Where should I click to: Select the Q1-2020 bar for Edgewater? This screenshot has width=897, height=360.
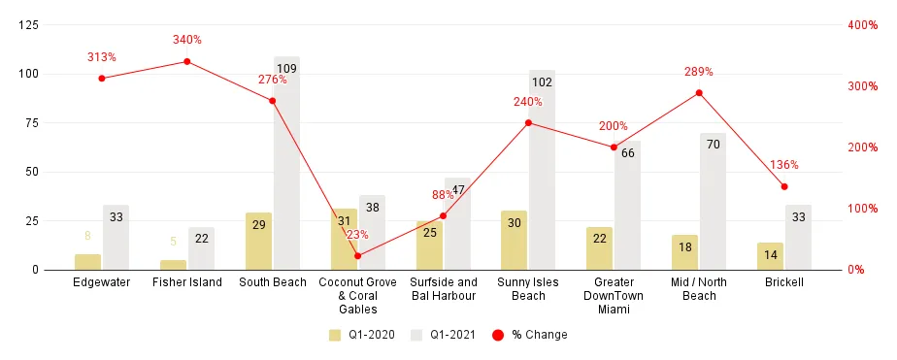tap(87, 262)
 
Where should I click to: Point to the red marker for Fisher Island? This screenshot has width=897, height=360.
tap(187, 61)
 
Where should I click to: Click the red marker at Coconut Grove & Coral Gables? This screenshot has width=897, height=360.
tap(357, 256)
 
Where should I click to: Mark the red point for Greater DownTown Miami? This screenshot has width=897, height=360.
tap(614, 147)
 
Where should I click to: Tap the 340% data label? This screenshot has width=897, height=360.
tap(187, 40)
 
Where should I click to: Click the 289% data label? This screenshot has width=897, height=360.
tap(699, 72)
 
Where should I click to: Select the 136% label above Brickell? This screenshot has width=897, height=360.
tap(784, 165)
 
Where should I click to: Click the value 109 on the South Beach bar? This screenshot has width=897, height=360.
tap(286, 68)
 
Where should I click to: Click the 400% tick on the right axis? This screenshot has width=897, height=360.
tap(862, 25)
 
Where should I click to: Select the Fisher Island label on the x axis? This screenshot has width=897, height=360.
tap(187, 282)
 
